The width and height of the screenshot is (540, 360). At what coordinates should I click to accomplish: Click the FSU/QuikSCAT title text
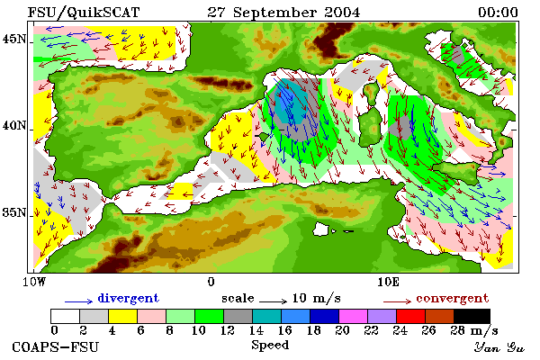coord(84,13)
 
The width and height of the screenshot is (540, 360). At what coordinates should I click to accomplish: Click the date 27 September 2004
coord(283,13)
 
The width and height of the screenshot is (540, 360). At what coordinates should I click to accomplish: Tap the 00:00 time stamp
coord(498,13)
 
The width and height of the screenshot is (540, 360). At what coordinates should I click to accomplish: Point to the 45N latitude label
coord(14,39)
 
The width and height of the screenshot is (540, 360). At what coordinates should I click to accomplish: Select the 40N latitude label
coord(14,125)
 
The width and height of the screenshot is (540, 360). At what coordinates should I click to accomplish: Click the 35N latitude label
coord(14,212)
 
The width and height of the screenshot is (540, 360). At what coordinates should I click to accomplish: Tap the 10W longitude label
coord(34,282)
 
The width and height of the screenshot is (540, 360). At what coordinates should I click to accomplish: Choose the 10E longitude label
coord(388,282)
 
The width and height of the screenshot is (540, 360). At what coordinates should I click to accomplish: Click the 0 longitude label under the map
coord(211,282)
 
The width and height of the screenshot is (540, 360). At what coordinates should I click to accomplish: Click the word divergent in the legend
coord(128,298)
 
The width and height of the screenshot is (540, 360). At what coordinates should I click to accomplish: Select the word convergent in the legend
coord(452,298)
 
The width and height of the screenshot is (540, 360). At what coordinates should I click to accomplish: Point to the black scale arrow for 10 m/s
coord(273,301)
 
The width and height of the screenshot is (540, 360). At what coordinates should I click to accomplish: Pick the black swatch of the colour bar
coord(472,316)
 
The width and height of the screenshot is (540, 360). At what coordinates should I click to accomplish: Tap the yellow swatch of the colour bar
coord(123,316)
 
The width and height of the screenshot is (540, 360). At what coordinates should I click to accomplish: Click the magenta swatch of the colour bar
coord(354,316)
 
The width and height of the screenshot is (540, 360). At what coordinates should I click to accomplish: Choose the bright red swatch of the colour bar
coord(411,316)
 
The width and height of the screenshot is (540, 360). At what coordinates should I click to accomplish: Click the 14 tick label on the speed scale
coord(256,330)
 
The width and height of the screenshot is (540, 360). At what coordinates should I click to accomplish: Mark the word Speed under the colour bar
coord(270,345)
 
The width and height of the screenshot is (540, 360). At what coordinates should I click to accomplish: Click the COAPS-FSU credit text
coord(55,346)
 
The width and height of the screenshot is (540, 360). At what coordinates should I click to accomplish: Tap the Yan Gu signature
coord(499,347)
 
